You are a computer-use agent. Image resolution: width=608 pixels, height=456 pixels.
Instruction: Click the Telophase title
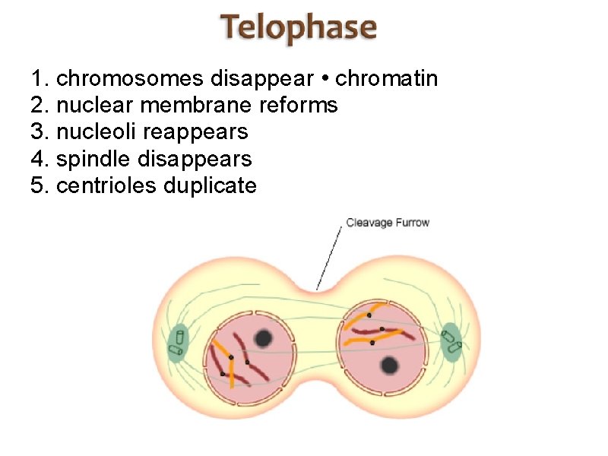[x=299, y=29]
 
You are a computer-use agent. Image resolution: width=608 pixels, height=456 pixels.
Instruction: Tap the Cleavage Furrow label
[x=388, y=223]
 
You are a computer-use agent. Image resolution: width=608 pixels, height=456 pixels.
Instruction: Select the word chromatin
[x=387, y=78]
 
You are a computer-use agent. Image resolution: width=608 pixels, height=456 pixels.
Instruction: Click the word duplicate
[x=210, y=185]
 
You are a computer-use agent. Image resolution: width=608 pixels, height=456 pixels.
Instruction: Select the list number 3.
[x=38, y=131]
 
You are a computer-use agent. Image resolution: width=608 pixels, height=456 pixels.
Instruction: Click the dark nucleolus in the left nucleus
[x=264, y=338]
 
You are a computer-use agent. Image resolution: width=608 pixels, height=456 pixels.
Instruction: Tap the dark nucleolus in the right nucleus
[x=390, y=365]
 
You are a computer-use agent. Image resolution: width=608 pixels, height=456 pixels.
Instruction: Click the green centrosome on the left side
[x=179, y=341]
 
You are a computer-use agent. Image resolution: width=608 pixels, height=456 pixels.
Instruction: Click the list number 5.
[x=38, y=185]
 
